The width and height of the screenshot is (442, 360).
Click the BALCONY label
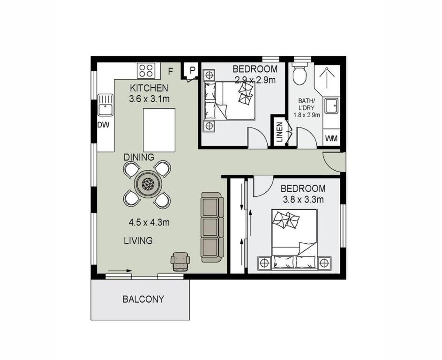point(143,299)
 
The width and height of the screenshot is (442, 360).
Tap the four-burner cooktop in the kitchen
point(146,70)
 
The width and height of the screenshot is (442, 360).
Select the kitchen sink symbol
point(105,105)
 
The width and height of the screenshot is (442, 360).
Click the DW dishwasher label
point(103,125)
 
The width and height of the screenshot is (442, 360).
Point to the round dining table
point(147,184)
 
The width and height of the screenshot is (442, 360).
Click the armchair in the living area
point(180,262)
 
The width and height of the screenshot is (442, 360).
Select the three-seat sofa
point(212,227)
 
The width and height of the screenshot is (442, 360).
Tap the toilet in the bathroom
point(299,74)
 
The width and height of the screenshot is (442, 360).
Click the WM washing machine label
point(331,138)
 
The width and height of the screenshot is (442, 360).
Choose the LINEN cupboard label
point(280,132)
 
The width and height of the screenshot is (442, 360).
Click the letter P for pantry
point(192,70)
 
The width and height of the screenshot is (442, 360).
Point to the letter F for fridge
point(170,71)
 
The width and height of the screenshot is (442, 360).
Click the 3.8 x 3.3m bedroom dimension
point(303,200)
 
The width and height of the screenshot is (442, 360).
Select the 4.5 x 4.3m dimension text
point(149,223)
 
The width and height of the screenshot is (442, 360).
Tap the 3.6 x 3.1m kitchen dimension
point(149,99)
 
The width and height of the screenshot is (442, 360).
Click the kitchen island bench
point(159,130)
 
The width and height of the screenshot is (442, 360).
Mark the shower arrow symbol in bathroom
point(326,77)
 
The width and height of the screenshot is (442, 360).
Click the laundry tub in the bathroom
point(332,106)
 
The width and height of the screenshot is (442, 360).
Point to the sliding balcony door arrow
point(120,270)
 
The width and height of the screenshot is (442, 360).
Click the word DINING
point(139,157)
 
